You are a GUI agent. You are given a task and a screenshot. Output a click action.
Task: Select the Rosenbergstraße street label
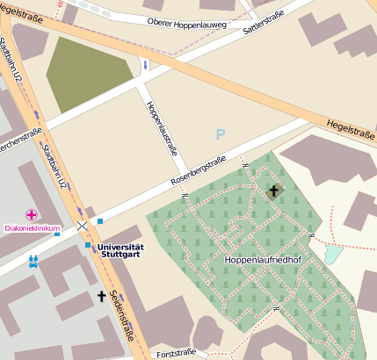coord(198,172)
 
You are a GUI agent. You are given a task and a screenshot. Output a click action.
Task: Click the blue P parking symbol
coord(220,134)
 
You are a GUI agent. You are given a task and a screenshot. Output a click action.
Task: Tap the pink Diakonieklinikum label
coord(32,229)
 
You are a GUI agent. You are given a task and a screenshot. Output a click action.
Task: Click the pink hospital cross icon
coord(32,215)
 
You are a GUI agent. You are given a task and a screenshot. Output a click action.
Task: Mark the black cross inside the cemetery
coord(273,191)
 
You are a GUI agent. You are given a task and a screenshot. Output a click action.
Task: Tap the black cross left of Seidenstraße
coord(101,297)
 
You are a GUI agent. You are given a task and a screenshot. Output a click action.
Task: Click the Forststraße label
coord(174,355)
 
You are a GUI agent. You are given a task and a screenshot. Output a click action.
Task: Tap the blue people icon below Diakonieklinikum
coord(33,260)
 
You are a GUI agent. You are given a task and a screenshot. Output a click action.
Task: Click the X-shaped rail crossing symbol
coord(82,227)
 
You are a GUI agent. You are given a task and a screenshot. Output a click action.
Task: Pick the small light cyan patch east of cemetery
coord(333,255)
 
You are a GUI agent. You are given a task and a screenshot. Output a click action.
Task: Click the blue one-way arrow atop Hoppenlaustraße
coord(145,66)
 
